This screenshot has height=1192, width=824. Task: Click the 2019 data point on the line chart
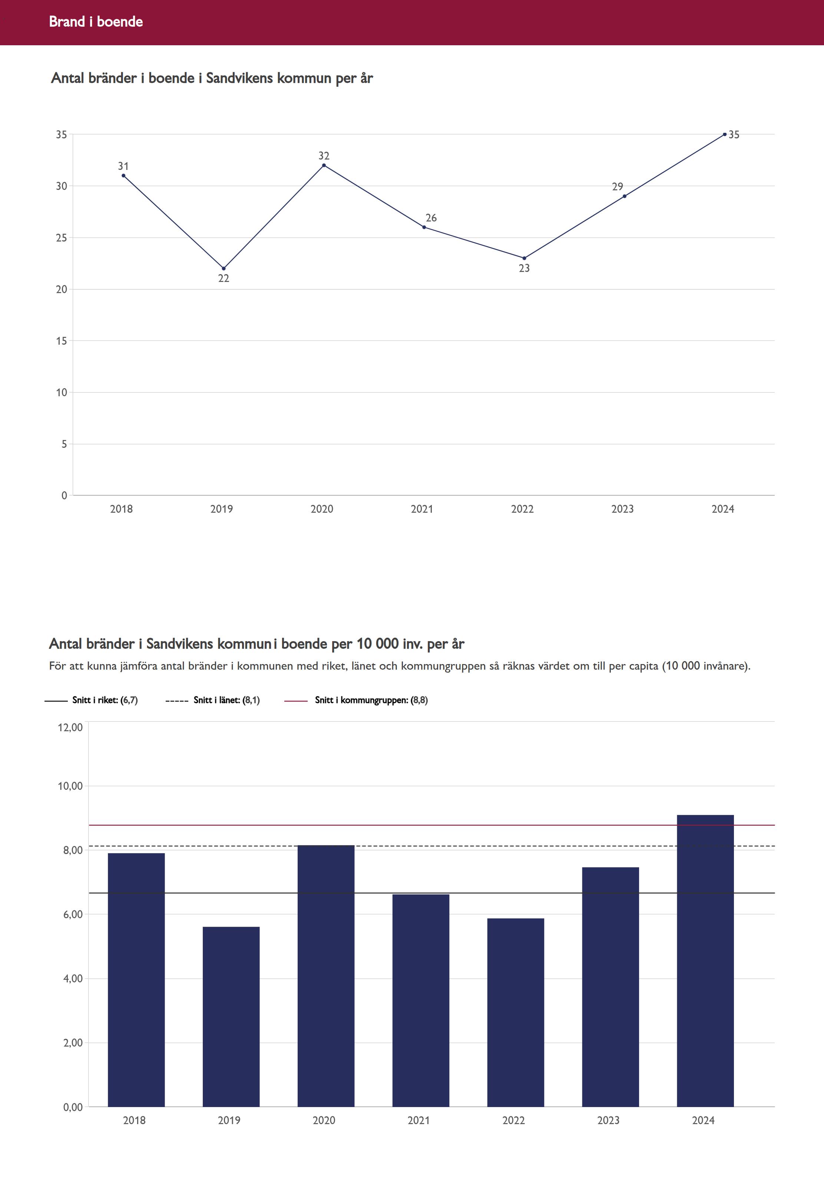pyautogui.click(x=224, y=268)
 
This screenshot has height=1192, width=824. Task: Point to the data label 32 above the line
pyautogui.click(x=324, y=155)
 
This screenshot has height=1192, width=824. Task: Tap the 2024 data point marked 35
pyautogui.click(x=724, y=134)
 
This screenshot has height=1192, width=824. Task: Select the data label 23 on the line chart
pyautogui.click(x=524, y=268)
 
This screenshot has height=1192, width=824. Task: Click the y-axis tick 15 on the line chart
pyautogui.click(x=62, y=341)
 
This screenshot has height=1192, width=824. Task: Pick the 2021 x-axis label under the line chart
pyautogui.click(x=422, y=509)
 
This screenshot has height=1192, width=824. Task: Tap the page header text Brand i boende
pyautogui.click(x=96, y=22)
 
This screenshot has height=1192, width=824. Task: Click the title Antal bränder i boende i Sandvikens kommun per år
pyautogui.click(x=212, y=78)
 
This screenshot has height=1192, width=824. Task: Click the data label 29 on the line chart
pyautogui.click(x=618, y=187)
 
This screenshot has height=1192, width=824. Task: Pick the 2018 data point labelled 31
pyautogui.click(x=123, y=176)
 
